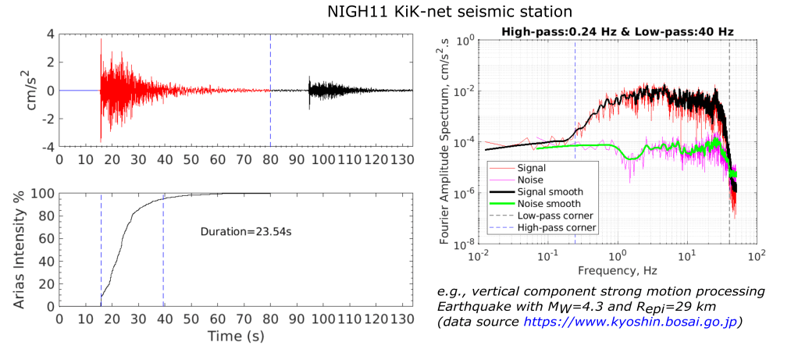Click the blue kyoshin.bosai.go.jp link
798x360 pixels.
pos(629,322)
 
